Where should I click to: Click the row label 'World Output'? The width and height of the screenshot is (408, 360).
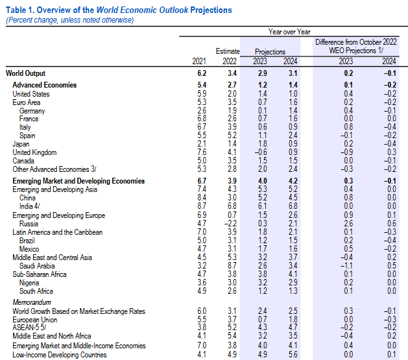[x=25, y=73]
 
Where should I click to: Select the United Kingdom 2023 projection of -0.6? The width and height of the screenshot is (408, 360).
[x=261, y=152]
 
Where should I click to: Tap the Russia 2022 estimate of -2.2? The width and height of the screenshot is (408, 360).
[x=230, y=223]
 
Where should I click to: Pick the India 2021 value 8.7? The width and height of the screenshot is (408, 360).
[x=202, y=206]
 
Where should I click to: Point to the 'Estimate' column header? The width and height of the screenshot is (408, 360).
[x=228, y=51]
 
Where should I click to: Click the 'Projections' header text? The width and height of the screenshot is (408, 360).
[x=270, y=52]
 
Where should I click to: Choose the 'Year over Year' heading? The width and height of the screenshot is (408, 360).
[x=289, y=32]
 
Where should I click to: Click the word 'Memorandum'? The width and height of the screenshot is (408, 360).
[x=32, y=302]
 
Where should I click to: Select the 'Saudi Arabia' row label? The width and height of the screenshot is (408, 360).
[x=37, y=266]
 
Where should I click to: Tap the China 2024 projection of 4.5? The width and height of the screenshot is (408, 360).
[x=293, y=198]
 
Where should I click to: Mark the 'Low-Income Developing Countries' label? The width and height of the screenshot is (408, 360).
[x=60, y=355]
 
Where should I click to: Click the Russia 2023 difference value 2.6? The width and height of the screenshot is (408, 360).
[x=348, y=223]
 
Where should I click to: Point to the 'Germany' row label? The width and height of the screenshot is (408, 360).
[x=32, y=111]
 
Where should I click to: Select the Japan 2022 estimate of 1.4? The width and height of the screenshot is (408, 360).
[x=232, y=144]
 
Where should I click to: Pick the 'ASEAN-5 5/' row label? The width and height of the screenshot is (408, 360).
[x=29, y=327]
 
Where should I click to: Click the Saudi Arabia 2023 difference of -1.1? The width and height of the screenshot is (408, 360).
[x=347, y=266]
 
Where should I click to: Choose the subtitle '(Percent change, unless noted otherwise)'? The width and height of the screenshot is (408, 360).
[x=70, y=20]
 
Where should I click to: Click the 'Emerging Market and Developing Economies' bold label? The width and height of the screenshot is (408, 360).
[x=78, y=181]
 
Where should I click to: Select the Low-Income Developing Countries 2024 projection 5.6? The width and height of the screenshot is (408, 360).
[x=293, y=354]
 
